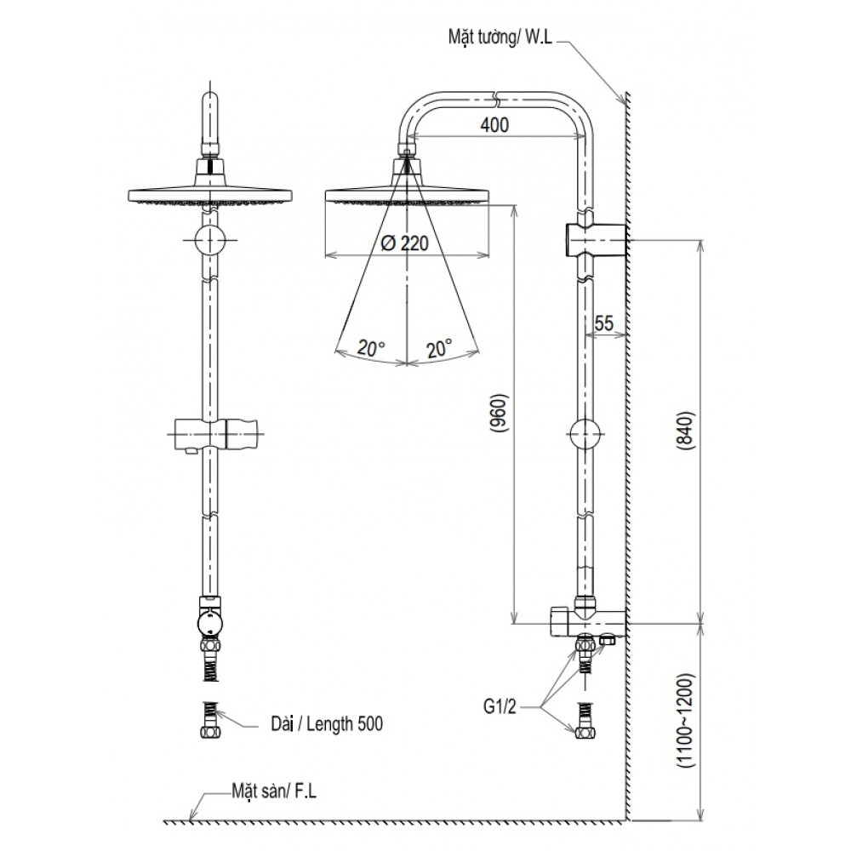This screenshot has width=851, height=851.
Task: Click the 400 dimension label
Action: coord(494,126)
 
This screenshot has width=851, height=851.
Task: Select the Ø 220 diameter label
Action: coord(401,243)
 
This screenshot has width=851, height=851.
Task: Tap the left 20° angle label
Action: coord(371,347)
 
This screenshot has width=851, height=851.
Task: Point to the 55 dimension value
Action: coord(604,323)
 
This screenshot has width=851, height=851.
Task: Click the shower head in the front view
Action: coord(209,195)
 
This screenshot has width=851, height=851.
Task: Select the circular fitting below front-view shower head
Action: coord(209,241)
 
